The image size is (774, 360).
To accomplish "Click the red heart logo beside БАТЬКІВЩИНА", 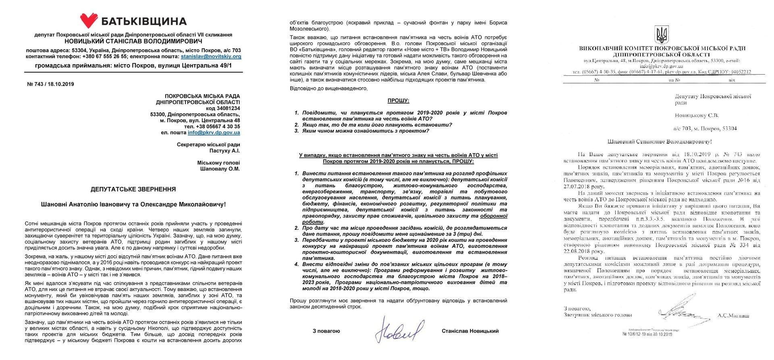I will [89, 21].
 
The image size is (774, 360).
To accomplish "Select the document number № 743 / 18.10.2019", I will [50, 84].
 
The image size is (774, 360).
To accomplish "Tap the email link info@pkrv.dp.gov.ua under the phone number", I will [214, 132].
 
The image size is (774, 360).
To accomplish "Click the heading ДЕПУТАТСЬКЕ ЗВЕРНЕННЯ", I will [133, 189].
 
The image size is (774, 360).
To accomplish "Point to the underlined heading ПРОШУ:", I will [398, 100].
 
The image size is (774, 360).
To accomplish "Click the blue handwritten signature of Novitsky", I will [399, 330].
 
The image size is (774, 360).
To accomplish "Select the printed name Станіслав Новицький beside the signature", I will [470, 331].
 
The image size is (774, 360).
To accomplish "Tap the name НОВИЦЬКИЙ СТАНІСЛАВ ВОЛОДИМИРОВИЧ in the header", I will [133, 41].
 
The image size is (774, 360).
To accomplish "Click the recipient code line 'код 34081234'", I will [223, 108].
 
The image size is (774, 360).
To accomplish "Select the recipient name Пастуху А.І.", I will [225, 150].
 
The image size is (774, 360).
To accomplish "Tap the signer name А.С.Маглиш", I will [733, 316].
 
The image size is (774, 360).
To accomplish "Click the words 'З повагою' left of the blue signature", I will [326, 331].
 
